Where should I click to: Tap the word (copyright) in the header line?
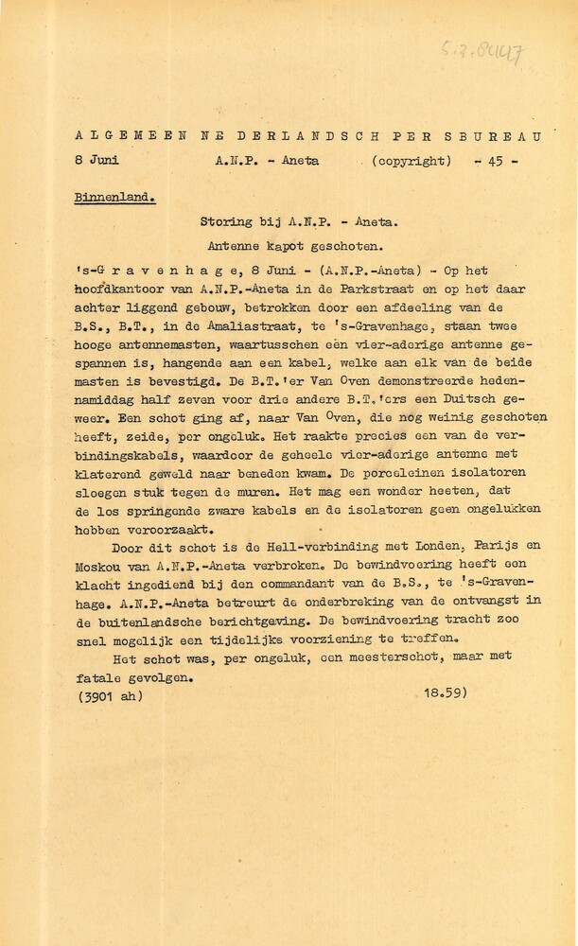pyautogui.click(x=412, y=161)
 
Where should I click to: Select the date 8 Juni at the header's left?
pyautogui.click(x=97, y=161)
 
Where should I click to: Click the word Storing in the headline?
pyautogui.click(x=227, y=223)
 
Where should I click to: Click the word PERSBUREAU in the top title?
pyautogui.click(x=469, y=136)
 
